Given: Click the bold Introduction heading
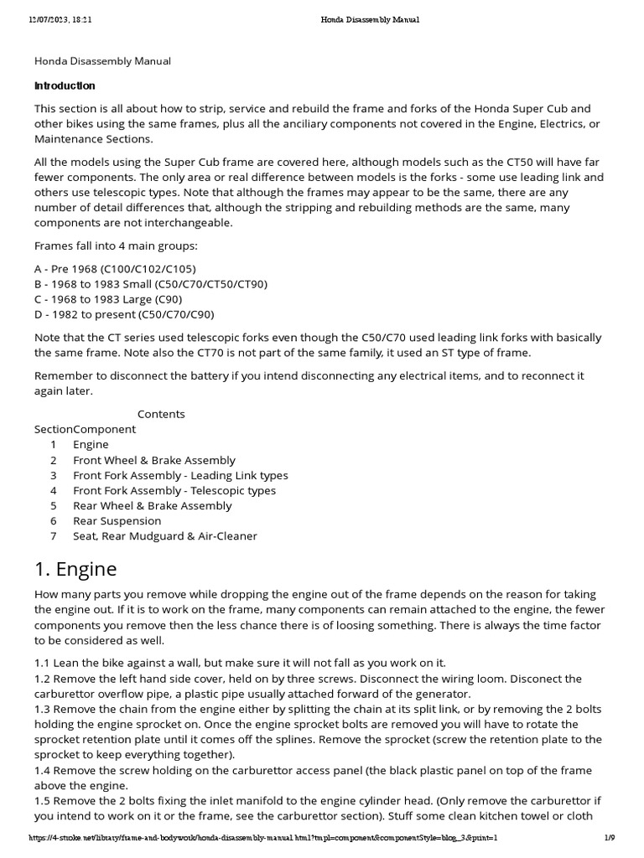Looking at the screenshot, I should pyautogui.click(x=65, y=85).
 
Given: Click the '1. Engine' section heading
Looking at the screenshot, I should pyautogui.click(x=75, y=569).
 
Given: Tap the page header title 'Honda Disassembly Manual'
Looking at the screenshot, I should pyautogui.click(x=370, y=20).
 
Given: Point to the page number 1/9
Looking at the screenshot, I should pyautogui.click(x=610, y=837).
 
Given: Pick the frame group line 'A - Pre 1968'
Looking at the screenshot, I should pyautogui.click(x=115, y=269).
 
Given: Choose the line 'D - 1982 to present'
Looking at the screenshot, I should pyautogui.click(x=124, y=314).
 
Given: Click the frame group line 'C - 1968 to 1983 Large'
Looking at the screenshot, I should pyautogui.click(x=108, y=299).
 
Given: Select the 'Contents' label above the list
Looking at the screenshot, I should pyautogui.click(x=161, y=414).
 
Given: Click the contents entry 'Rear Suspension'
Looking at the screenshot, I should pyautogui.click(x=117, y=520).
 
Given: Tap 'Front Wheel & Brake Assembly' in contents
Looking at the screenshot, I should pyautogui.click(x=154, y=460).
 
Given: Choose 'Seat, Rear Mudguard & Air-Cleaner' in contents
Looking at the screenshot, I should pyautogui.click(x=165, y=535).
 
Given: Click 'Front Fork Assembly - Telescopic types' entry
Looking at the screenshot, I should pyautogui.click(x=174, y=490).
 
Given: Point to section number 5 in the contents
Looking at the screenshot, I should pyautogui.click(x=54, y=505).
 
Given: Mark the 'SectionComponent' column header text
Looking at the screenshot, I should pyautogui.click(x=85, y=429).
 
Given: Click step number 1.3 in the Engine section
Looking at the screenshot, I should pyautogui.click(x=43, y=709).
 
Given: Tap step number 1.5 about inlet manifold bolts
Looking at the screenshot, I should pyautogui.click(x=43, y=799).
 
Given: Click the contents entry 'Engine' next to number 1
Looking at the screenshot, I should pyautogui.click(x=91, y=445).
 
